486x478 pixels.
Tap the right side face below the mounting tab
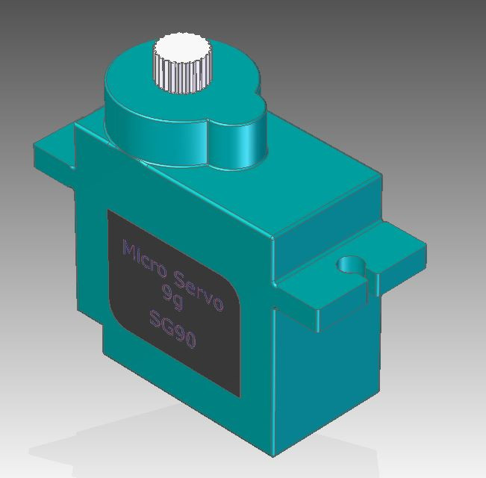pos(328,373)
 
